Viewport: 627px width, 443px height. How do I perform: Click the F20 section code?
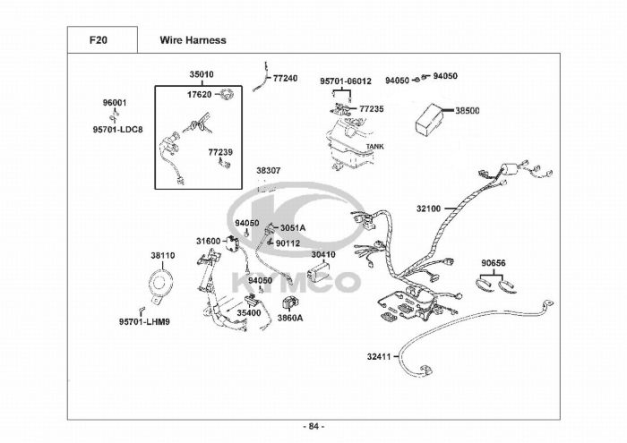tap(99, 40)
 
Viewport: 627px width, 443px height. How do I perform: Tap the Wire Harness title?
tap(193, 40)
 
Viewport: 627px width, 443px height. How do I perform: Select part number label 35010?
tap(202, 75)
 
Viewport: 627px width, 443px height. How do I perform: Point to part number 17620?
tap(199, 94)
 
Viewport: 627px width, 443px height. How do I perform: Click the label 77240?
tap(285, 79)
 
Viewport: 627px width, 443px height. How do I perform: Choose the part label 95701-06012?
tap(346, 81)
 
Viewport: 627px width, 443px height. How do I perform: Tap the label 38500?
tap(467, 111)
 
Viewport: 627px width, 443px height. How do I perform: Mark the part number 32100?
tap(428, 209)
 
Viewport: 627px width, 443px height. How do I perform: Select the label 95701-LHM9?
tap(144, 321)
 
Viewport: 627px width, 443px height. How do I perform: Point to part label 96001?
tap(115, 103)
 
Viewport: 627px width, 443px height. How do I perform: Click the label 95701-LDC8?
tap(116, 129)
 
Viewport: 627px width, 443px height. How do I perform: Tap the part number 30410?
tap(323, 254)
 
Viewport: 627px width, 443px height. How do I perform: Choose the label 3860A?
tap(289, 318)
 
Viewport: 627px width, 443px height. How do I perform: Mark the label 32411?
tap(379, 357)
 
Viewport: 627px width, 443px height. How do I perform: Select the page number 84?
tap(313, 425)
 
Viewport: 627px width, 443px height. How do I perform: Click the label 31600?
tap(208, 241)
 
